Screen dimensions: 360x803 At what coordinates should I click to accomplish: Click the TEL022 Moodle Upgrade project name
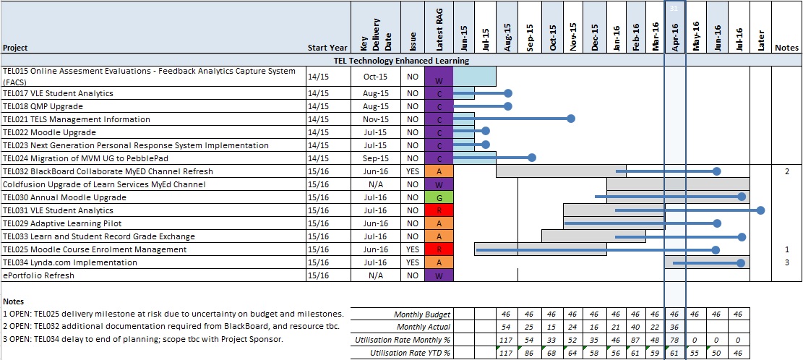click(49, 132)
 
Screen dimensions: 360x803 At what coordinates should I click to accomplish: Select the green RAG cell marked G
click(439, 197)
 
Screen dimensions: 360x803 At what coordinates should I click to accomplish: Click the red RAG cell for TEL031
click(439, 210)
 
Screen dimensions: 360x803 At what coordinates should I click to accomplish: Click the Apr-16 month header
click(674, 34)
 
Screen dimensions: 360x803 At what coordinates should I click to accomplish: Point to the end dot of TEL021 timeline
click(571, 119)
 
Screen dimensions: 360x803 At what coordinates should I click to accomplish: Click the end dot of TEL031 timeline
click(761, 210)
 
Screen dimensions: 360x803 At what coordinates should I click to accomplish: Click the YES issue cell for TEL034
click(412, 262)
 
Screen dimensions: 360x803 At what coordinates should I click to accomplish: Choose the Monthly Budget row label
click(422, 314)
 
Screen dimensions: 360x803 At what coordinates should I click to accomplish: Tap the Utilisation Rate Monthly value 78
click(674, 340)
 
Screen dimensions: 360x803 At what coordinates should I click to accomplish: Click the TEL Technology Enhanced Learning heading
click(401, 61)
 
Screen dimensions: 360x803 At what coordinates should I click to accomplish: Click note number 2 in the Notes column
click(786, 171)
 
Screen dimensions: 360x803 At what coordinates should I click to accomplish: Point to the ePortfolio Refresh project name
click(38, 275)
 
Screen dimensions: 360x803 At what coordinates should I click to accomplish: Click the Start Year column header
click(327, 48)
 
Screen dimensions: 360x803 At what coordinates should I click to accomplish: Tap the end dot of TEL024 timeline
click(532, 158)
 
